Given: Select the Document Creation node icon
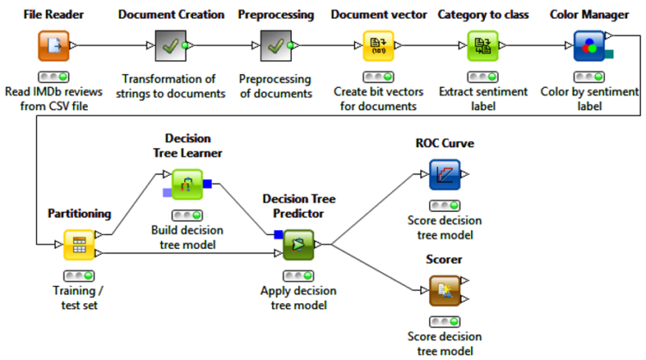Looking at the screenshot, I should point(171,46).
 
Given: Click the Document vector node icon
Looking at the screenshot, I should point(377,46).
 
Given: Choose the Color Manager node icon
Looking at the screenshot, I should point(589,46).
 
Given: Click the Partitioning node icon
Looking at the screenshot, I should point(78,245).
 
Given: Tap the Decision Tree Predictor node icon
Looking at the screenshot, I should point(298,245).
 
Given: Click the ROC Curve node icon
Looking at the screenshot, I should point(444,175).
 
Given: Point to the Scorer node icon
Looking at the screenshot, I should point(444,290).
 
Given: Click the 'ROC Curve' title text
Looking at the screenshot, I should point(446,143).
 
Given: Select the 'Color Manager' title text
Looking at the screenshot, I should point(589,15).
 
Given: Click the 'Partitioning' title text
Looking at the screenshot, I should point(79,213).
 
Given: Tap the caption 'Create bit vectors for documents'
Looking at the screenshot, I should point(377,100).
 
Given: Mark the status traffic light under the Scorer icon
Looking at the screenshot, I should point(444,322).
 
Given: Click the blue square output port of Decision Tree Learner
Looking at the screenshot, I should point(208,183).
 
